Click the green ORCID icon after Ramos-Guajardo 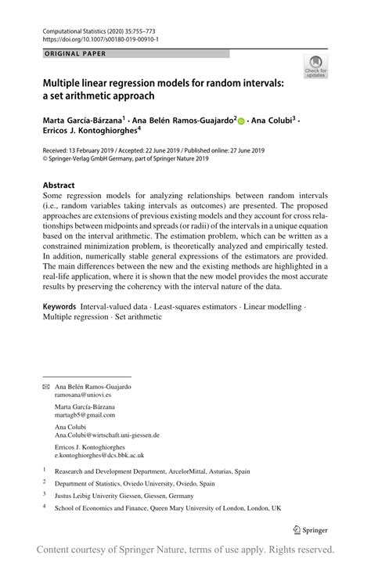click(240, 121)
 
